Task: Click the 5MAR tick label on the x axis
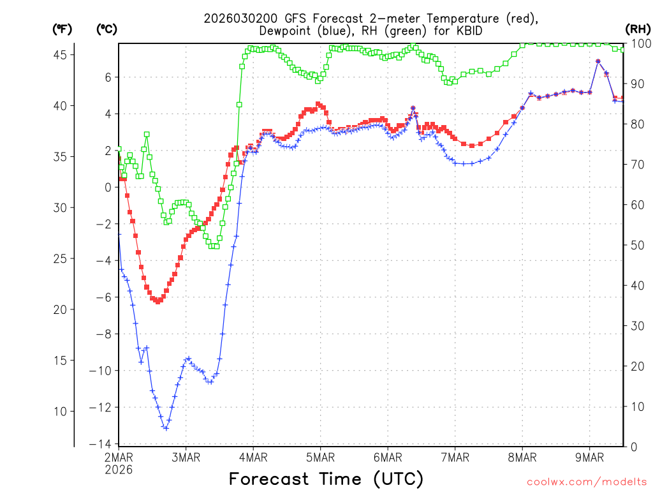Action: [x=320, y=457]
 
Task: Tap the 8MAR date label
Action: [x=522, y=457]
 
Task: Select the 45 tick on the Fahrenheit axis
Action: [x=61, y=55]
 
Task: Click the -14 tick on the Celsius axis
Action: [x=101, y=444]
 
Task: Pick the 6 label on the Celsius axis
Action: [x=108, y=77]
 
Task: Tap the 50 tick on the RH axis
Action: [x=635, y=245]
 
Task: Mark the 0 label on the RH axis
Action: [x=632, y=447]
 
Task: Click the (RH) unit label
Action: [x=638, y=29]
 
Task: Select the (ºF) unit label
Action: [x=62, y=29]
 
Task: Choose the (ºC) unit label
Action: [x=107, y=29]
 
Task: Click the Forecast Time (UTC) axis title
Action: [x=326, y=479]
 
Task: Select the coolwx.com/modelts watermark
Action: [x=587, y=481]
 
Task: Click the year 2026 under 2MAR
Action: [x=119, y=469]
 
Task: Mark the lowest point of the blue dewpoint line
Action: [x=166, y=427]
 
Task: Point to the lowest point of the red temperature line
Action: [x=158, y=301]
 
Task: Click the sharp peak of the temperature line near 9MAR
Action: [x=598, y=61]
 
